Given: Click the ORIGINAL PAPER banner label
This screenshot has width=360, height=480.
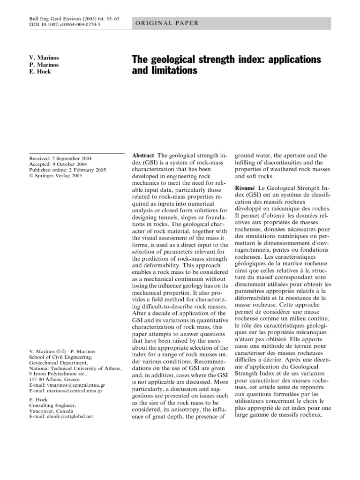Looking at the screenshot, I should point(167,23).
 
